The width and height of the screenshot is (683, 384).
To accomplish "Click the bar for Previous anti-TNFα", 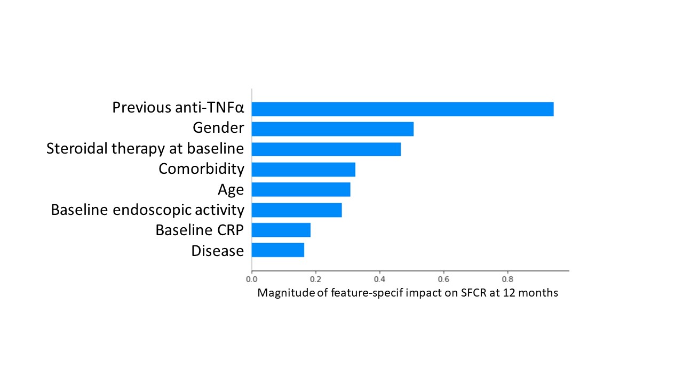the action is [x=403, y=109].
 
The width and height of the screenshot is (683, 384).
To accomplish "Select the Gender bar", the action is [x=332, y=129].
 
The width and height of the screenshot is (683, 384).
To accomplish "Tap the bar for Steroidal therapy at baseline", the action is [x=326, y=149].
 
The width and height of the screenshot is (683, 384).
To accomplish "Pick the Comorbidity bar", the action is [x=304, y=170].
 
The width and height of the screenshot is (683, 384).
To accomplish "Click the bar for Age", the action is [x=301, y=189].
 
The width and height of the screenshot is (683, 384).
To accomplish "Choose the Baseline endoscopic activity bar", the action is [x=297, y=210].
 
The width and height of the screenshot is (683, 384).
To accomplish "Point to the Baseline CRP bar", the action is [x=281, y=230].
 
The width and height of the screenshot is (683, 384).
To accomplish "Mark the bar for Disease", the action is [x=278, y=250].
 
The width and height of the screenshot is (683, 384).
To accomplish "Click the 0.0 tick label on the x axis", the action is [x=251, y=279].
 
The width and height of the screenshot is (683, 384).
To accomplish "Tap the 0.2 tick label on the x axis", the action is [x=315, y=279].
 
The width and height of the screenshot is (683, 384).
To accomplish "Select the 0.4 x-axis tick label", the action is [x=379, y=279].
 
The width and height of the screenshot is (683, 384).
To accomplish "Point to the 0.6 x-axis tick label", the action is [x=443, y=279].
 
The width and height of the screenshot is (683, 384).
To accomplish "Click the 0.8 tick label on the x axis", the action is [x=507, y=279].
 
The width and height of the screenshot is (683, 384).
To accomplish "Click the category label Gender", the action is [x=218, y=127].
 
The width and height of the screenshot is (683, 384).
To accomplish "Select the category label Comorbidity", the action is [x=201, y=169].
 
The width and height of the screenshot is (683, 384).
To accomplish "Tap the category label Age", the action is [x=231, y=190].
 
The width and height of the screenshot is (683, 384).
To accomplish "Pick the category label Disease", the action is [x=217, y=251].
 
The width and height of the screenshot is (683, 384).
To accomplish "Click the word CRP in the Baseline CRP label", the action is [x=230, y=230].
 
